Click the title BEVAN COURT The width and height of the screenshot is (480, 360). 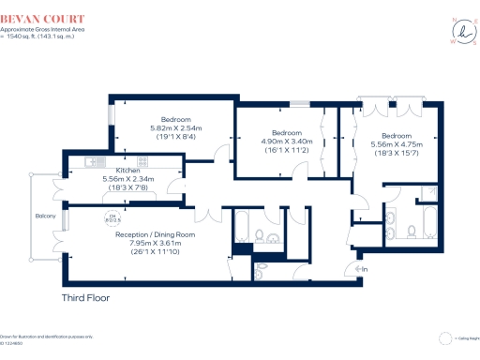pyautogui.click(x=47, y=18)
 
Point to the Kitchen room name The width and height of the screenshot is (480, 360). pyautogui.click(x=127, y=171)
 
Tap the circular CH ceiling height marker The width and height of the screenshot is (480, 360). pyautogui.click(x=113, y=218)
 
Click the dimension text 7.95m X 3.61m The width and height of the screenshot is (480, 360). pyautogui.click(x=155, y=243)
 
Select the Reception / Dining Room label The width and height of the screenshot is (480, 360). pyautogui.click(x=155, y=233)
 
